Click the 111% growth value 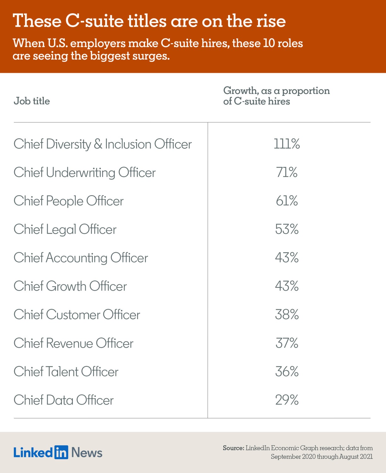tap(286, 144)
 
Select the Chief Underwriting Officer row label tap(85, 172)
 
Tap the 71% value tap(286, 172)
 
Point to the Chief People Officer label tap(68, 201)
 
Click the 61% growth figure tap(286, 201)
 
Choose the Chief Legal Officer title tap(65, 229)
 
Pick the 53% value tap(286, 229)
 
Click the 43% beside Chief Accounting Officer tap(286, 258)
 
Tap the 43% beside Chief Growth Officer tap(286, 286)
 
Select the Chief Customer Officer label tap(77, 315)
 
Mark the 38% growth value tap(286, 315)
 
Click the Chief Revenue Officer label tap(73, 343)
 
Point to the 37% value tap(286, 343)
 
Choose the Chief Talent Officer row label tap(66, 371)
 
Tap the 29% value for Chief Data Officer tap(286, 400)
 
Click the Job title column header tap(32, 101)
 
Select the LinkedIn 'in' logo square tap(61, 452)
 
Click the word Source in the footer tap(233, 448)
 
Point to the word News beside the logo tap(87, 453)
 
